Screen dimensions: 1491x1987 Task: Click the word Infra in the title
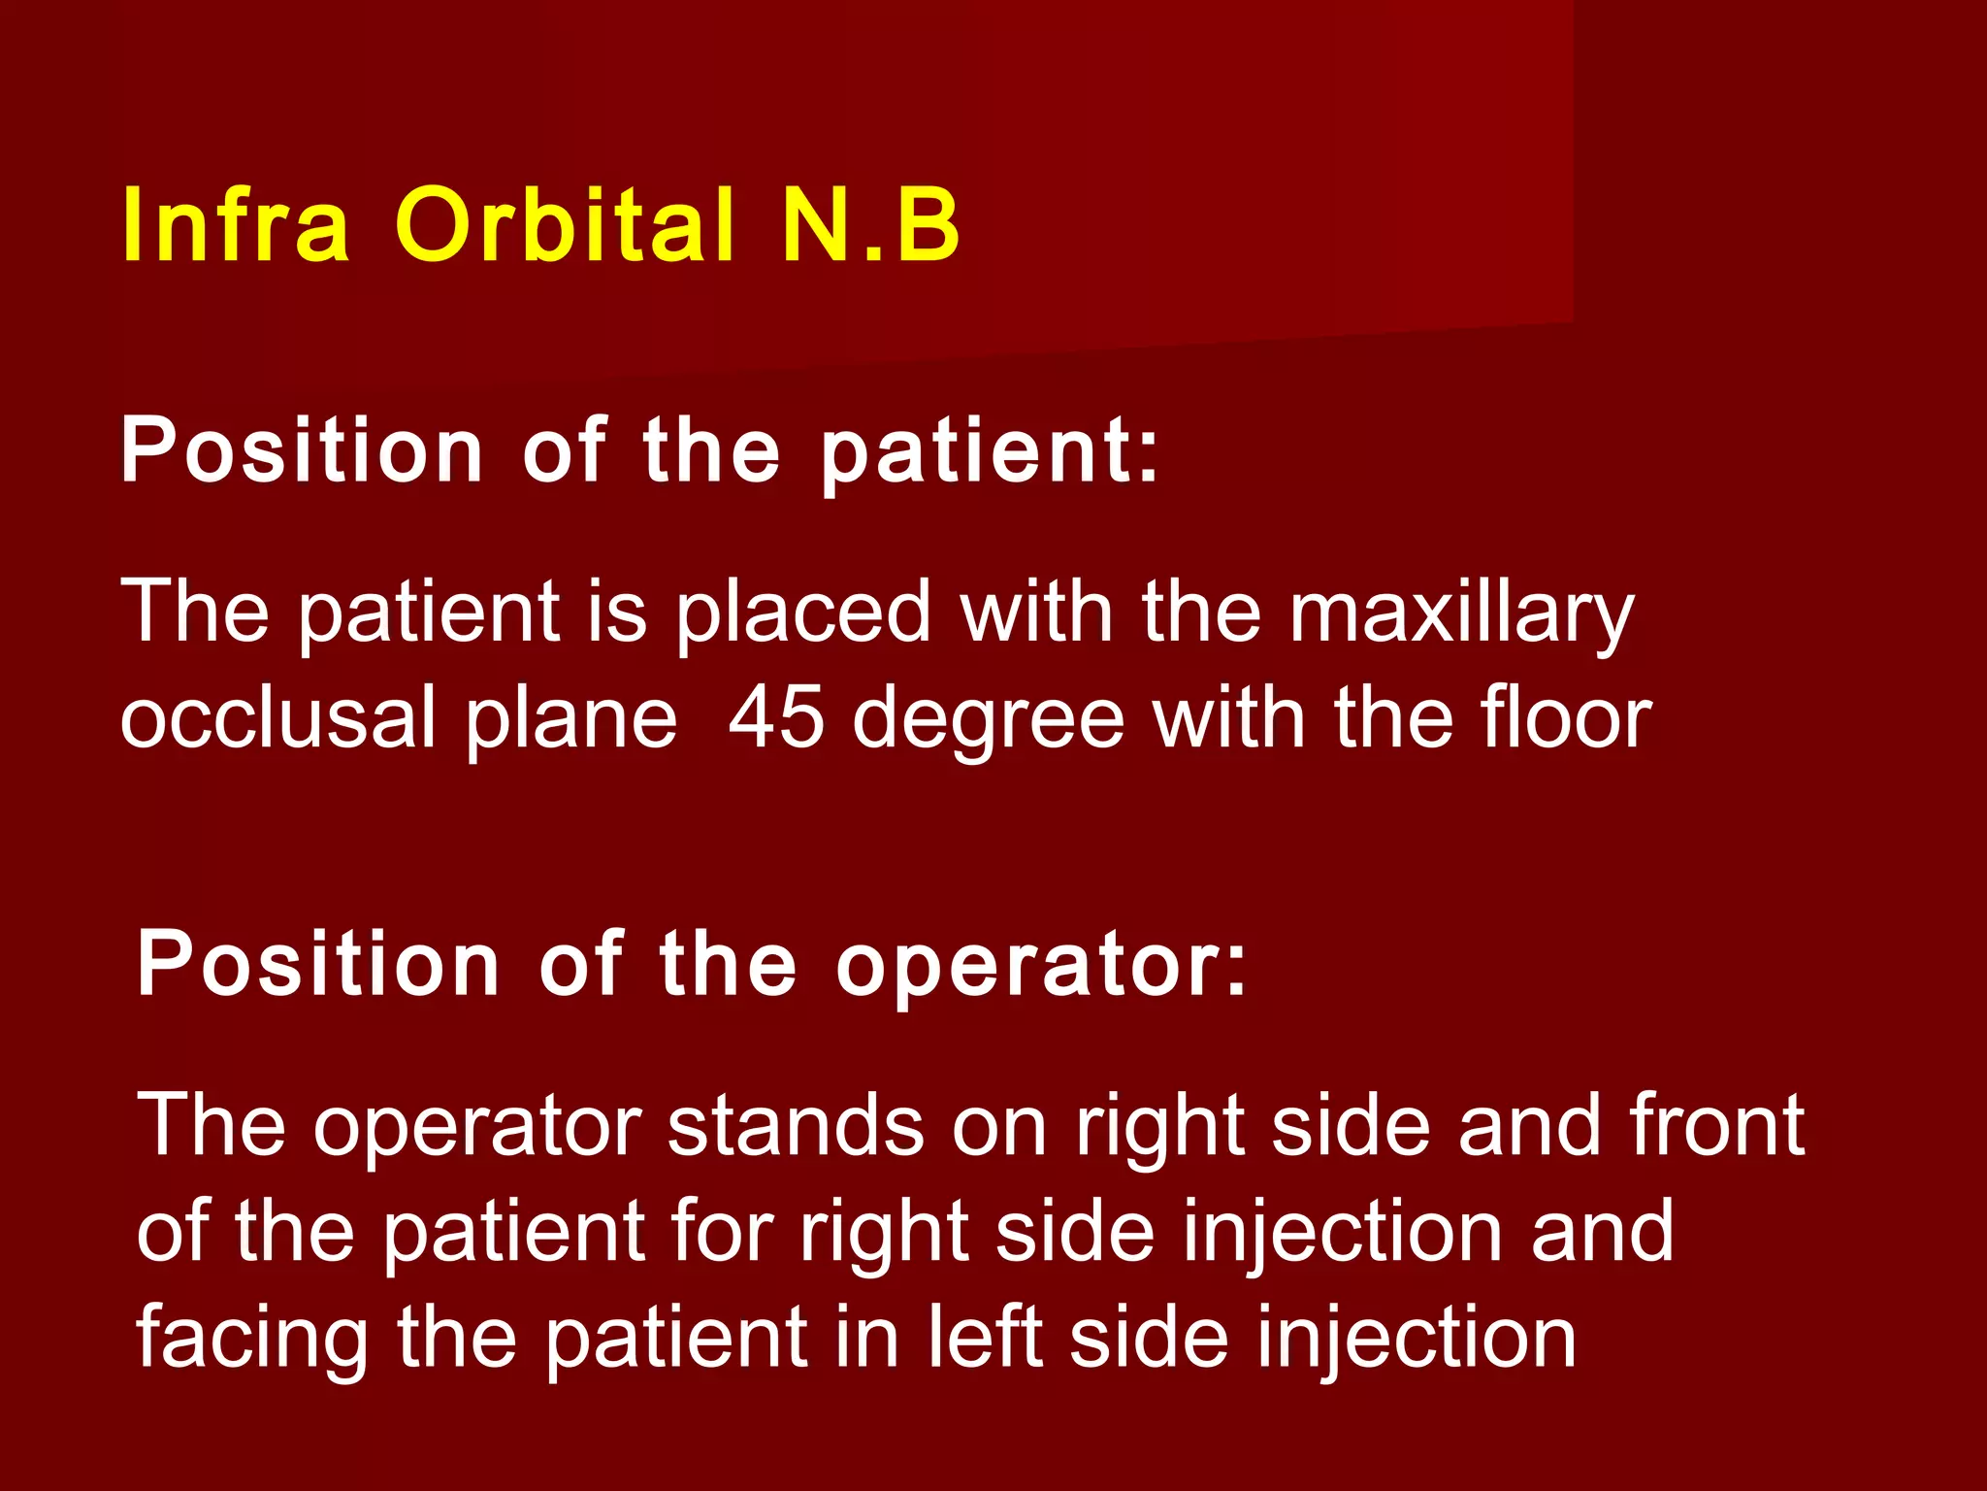tap(235, 225)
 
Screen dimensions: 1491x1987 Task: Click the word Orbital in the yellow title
tap(564, 225)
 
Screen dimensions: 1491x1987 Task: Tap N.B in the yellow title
tap(870, 225)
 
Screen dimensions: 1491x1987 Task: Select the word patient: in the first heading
tap(990, 452)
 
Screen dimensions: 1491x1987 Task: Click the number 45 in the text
tap(776, 718)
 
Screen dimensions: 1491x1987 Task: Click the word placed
tap(802, 613)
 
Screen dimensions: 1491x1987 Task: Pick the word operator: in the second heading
tap(1041, 966)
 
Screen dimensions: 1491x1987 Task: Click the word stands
tap(796, 1126)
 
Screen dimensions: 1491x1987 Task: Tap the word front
tap(1717, 1126)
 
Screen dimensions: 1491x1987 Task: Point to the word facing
tap(252, 1340)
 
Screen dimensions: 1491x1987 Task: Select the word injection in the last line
tap(1417, 1340)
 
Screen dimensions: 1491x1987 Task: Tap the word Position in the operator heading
tap(318, 966)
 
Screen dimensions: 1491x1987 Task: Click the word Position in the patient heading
tap(302, 452)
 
